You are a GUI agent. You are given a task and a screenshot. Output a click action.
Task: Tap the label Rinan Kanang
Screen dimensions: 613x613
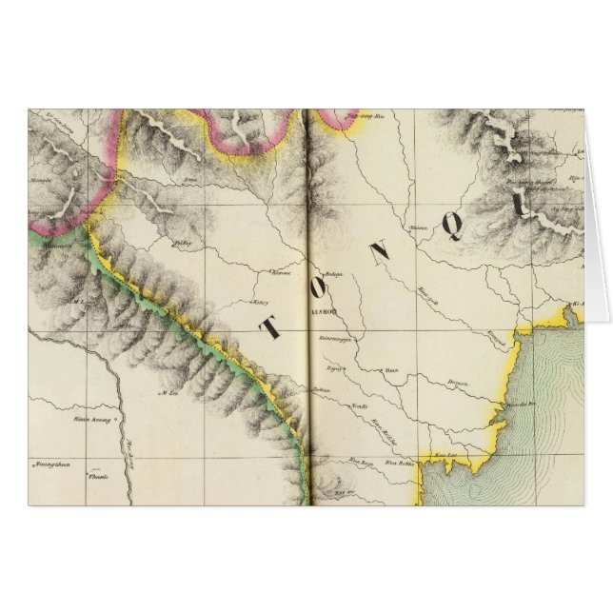88,417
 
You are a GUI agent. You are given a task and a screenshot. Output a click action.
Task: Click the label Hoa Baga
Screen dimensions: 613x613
360,462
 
